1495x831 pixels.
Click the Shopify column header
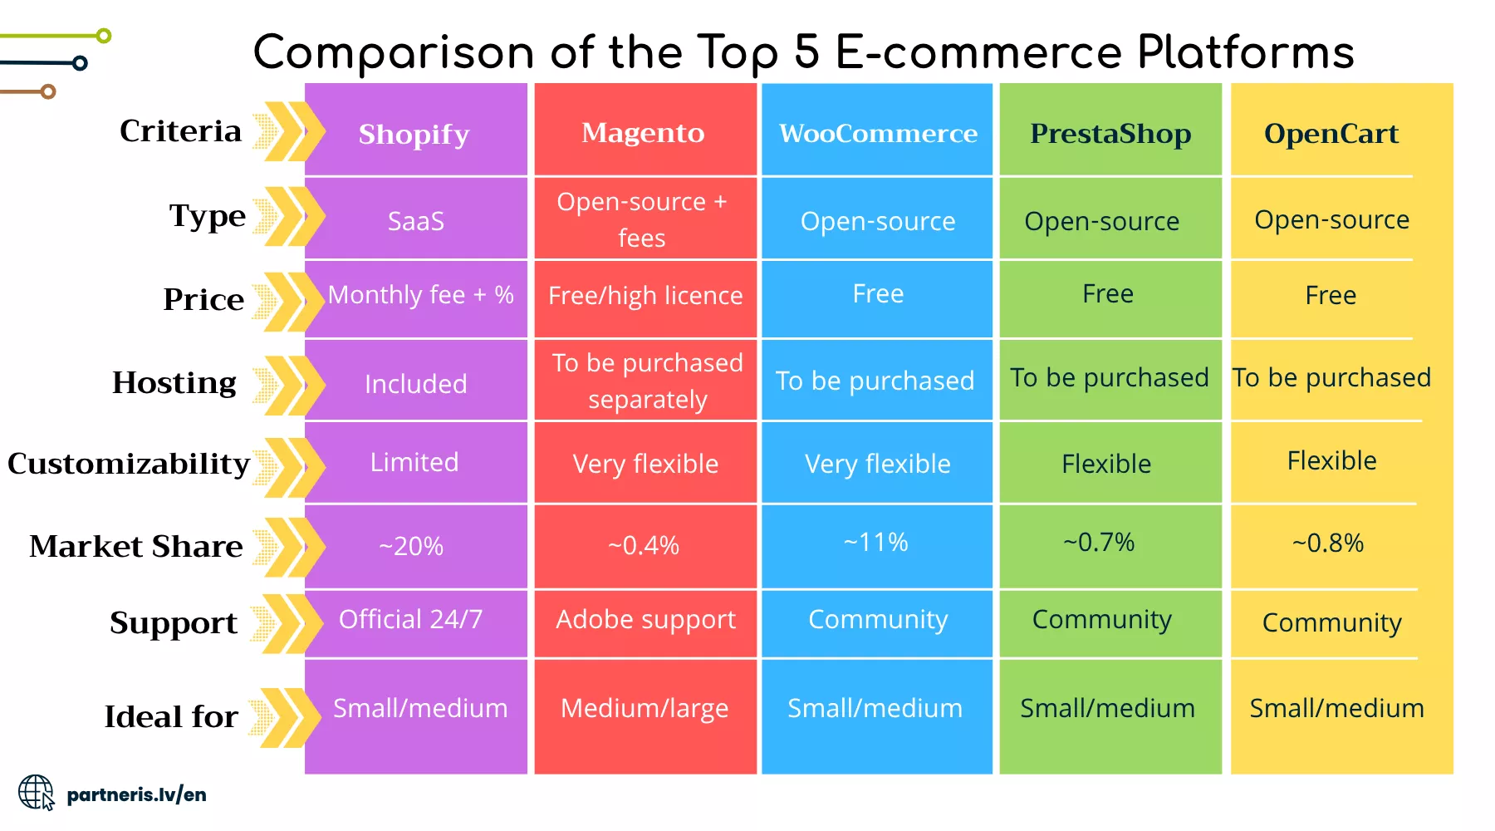[414, 134]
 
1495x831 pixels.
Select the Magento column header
[643, 132]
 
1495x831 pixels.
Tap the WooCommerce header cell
[878, 133]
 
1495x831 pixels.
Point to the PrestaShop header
[1110, 133]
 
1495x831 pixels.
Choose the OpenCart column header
[1331, 133]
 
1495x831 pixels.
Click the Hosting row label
[174, 382]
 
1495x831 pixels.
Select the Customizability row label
[129, 463]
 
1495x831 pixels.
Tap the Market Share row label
[136, 546]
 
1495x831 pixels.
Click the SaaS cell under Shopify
[415, 221]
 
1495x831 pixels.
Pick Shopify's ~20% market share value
[411, 546]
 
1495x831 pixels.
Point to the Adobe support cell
[645, 620]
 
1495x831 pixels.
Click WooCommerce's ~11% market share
[876, 542]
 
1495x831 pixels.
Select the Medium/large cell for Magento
[645, 708]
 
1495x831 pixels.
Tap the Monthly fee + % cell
[420, 295]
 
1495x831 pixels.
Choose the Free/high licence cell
[645, 296]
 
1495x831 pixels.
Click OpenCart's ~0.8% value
[1327, 543]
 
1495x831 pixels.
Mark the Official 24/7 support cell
[410, 619]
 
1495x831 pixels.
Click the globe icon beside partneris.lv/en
[37, 793]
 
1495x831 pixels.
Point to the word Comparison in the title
[394, 53]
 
